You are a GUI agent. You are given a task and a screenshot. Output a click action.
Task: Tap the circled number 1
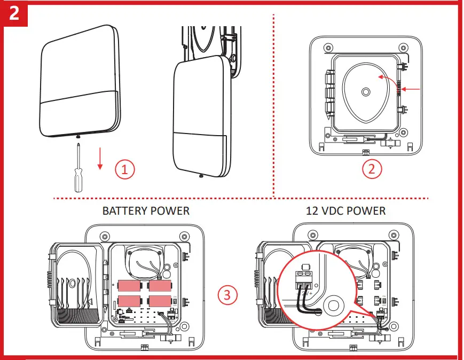[x=125, y=170]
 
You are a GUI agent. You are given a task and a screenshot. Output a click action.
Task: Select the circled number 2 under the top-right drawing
[x=372, y=170]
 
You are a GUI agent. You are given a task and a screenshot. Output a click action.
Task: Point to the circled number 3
[x=228, y=294]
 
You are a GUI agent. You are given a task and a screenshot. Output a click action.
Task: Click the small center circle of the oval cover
[x=365, y=92]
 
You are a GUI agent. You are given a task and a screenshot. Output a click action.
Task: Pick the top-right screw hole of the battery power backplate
[x=184, y=236]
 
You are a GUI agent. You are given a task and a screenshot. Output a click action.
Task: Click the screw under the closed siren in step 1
[x=79, y=138]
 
